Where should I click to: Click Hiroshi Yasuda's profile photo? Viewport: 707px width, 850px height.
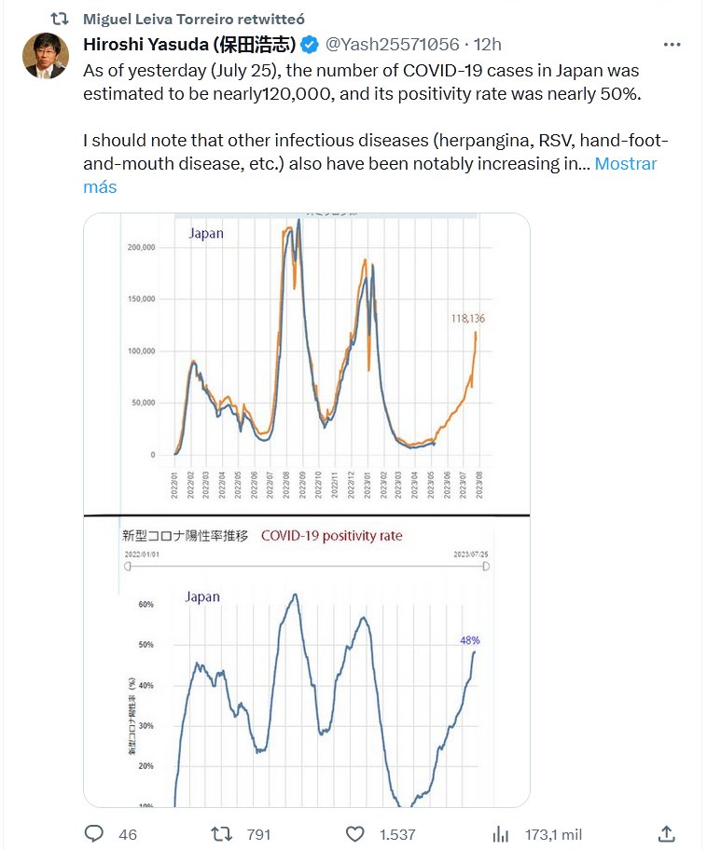click(46, 56)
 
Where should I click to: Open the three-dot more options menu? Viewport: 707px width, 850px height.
click(672, 45)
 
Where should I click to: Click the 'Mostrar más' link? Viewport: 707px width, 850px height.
click(625, 164)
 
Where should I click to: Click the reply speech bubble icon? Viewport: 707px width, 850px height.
click(95, 834)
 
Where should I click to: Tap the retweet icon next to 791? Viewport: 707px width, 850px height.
click(222, 834)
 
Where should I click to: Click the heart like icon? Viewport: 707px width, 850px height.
click(355, 834)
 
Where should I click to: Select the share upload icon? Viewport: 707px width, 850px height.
click(666, 834)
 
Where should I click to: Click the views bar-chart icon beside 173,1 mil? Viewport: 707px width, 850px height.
click(500, 834)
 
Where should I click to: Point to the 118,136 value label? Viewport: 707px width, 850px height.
click(466, 318)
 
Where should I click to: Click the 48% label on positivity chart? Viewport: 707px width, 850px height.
click(469, 640)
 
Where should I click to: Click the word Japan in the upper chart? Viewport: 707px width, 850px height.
click(206, 233)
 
